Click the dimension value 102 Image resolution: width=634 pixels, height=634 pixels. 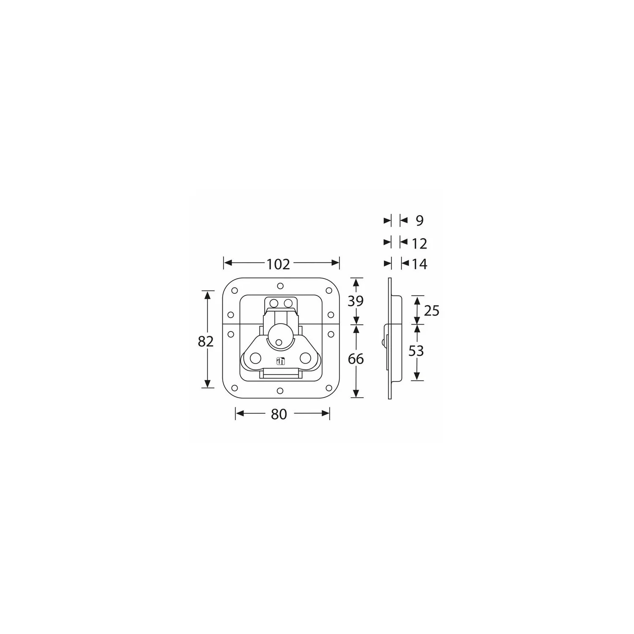278,264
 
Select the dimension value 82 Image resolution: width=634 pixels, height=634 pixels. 205,341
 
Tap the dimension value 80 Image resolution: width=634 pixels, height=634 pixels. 279,415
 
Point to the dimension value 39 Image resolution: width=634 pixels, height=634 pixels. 355,301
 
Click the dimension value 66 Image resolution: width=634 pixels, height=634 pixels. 355,359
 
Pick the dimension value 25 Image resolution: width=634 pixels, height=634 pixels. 432,311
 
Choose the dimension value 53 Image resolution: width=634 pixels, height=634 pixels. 416,351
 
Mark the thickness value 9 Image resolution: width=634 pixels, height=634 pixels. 419,220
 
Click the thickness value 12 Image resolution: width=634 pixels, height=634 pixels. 419,243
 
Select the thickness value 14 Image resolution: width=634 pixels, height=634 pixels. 419,264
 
